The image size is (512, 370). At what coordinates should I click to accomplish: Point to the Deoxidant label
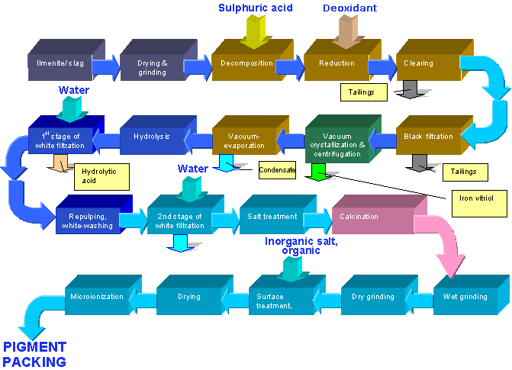click(x=349, y=8)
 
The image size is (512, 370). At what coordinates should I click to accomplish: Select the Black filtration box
click(x=424, y=138)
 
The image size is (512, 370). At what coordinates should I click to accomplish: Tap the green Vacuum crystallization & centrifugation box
click(x=336, y=140)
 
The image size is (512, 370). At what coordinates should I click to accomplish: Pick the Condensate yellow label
click(x=277, y=170)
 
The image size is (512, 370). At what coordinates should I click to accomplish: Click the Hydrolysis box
click(x=151, y=137)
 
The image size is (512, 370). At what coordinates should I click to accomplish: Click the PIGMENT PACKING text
click(x=34, y=354)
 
